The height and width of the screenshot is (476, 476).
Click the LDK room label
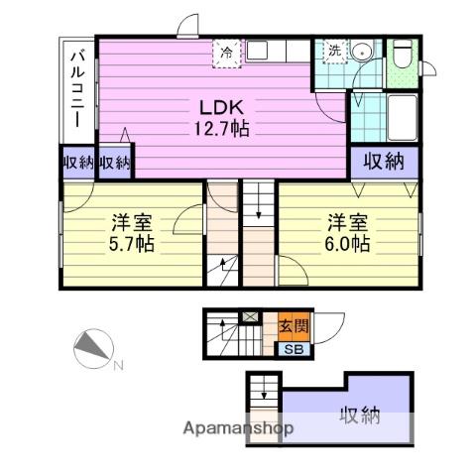(x=221, y=107)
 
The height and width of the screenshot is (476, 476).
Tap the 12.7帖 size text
(x=221, y=129)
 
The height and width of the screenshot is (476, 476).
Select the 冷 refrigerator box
(x=227, y=54)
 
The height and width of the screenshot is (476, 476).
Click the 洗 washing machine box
(x=334, y=51)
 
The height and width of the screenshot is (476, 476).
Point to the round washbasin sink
(x=361, y=53)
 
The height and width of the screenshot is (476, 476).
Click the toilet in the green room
(x=403, y=54)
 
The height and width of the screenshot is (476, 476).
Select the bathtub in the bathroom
(x=402, y=118)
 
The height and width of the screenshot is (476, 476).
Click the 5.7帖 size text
(x=132, y=245)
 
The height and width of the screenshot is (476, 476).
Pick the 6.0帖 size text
(x=347, y=245)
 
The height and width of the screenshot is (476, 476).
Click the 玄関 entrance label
(x=294, y=326)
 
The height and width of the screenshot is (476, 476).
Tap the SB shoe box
(x=294, y=350)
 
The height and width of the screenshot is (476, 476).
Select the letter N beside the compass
(x=119, y=366)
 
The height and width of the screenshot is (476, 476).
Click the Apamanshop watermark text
(x=238, y=428)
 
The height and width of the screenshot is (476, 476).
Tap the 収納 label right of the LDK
(x=384, y=162)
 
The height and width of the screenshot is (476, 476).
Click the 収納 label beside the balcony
(x=78, y=163)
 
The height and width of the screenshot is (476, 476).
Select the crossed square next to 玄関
(x=250, y=316)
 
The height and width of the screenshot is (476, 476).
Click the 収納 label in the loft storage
(x=360, y=416)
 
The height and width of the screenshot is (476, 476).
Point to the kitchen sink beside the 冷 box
(x=257, y=51)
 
